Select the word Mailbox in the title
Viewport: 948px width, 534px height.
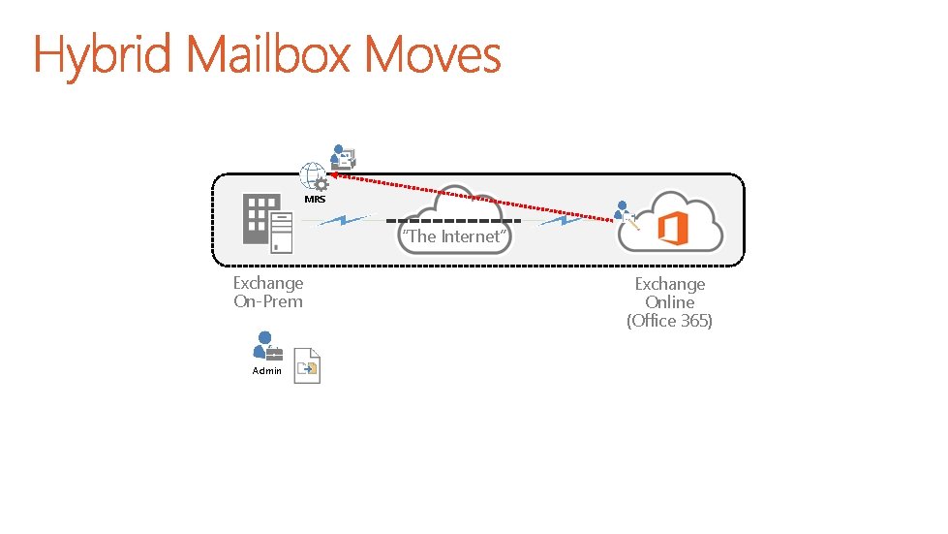coord(271,54)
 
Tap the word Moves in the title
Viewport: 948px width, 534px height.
coord(434,54)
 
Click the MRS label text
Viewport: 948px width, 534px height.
coord(315,200)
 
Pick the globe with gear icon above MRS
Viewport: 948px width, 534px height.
coord(314,177)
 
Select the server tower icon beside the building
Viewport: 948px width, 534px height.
coord(281,233)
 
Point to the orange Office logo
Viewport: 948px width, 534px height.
coord(674,230)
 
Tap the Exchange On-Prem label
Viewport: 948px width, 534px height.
coord(268,292)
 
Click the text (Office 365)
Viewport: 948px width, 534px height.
coord(669,321)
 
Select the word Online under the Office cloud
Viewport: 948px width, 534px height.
coord(669,302)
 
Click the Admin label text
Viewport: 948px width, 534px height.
coord(266,370)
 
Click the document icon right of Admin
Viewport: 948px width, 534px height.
coord(307,365)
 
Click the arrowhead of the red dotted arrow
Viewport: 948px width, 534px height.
coord(334,174)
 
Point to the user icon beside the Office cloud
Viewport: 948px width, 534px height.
coord(626,214)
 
